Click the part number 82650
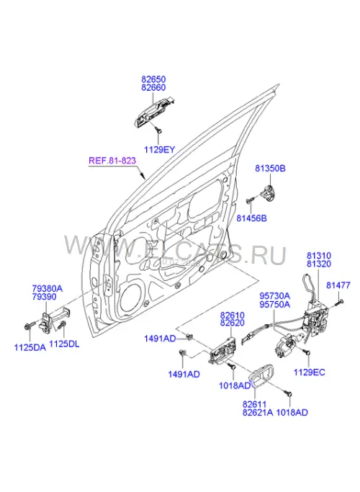click(x=153, y=79)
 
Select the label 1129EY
click(x=159, y=150)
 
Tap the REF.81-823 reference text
click(x=112, y=161)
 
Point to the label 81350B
click(x=270, y=169)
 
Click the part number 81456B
click(x=251, y=218)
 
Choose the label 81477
click(x=338, y=285)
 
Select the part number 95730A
click(x=275, y=296)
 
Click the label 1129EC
click(x=310, y=372)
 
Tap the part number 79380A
click(x=48, y=288)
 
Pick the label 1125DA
click(x=30, y=347)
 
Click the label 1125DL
click(x=64, y=344)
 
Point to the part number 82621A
click(x=258, y=413)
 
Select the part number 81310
click(x=319, y=256)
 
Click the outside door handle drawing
click(x=154, y=112)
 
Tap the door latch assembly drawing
click(x=315, y=317)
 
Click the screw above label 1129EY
click(x=159, y=130)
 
